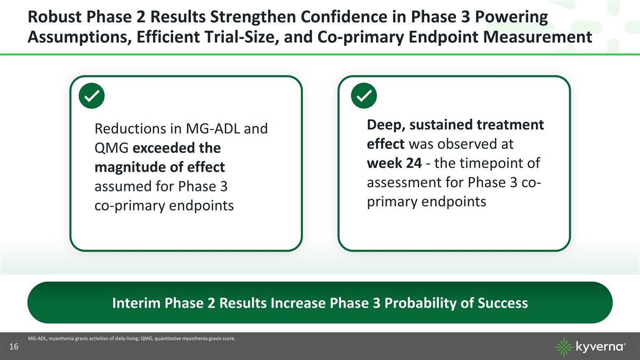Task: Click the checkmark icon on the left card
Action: coord(91,97)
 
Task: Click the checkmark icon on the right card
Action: coord(364,97)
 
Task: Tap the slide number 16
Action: coord(14,347)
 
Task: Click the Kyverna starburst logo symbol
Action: coord(564,347)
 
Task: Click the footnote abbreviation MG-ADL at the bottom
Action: coord(36,338)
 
